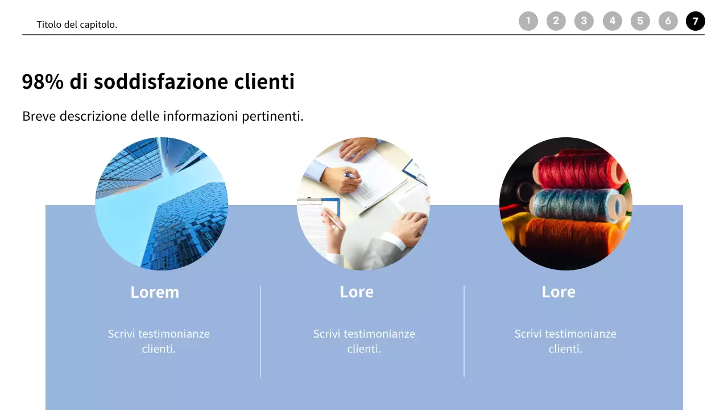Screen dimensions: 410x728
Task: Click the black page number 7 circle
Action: tap(695, 21)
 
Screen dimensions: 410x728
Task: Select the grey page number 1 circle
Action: tap(528, 21)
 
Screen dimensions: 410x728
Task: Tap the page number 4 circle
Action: tap(612, 21)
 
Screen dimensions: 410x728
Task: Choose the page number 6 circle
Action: tap(668, 21)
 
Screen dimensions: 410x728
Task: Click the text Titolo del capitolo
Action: tap(77, 24)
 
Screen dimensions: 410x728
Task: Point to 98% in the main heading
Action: tap(43, 81)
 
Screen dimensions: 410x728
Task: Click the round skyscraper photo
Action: tap(162, 203)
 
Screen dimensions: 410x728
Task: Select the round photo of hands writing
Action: tap(363, 203)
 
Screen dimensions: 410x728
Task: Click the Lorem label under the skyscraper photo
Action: tap(155, 292)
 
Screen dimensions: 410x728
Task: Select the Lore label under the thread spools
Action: tap(559, 292)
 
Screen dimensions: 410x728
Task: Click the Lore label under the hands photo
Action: tap(357, 292)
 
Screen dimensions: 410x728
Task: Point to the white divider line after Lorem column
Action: tap(260, 331)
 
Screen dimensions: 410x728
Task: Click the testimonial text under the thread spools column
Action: tap(565, 341)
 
